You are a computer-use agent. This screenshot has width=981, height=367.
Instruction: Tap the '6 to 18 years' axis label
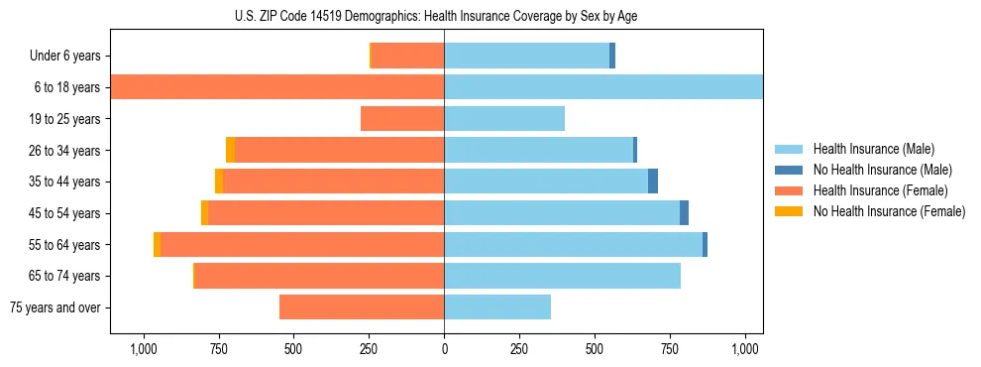(x=66, y=87)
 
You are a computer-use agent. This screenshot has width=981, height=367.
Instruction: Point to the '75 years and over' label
(x=55, y=307)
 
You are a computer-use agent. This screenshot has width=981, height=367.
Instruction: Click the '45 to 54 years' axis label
(x=64, y=213)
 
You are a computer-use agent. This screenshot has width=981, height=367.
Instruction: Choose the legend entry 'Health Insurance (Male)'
(x=873, y=149)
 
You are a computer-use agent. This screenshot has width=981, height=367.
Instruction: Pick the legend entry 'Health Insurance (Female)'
(x=880, y=190)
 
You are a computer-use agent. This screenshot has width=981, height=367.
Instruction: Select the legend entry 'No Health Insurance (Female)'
(x=889, y=211)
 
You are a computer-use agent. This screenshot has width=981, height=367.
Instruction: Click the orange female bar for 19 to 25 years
(x=402, y=119)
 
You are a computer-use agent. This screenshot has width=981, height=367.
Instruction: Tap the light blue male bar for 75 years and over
(x=497, y=307)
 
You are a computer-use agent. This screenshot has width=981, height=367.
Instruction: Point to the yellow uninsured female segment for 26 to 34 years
(x=230, y=150)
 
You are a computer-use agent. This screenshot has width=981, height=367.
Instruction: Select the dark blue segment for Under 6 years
(x=612, y=56)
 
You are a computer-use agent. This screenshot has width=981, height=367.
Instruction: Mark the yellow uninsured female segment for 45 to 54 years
(x=204, y=213)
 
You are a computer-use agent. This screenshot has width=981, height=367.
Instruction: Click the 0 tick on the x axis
(x=444, y=349)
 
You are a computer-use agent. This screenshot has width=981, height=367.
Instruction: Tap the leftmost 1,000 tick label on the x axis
(x=144, y=349)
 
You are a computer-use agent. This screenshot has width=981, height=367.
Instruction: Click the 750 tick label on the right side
(x=670, y=349)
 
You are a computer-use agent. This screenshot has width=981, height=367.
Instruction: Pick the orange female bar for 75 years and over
(x=362, y=307)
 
